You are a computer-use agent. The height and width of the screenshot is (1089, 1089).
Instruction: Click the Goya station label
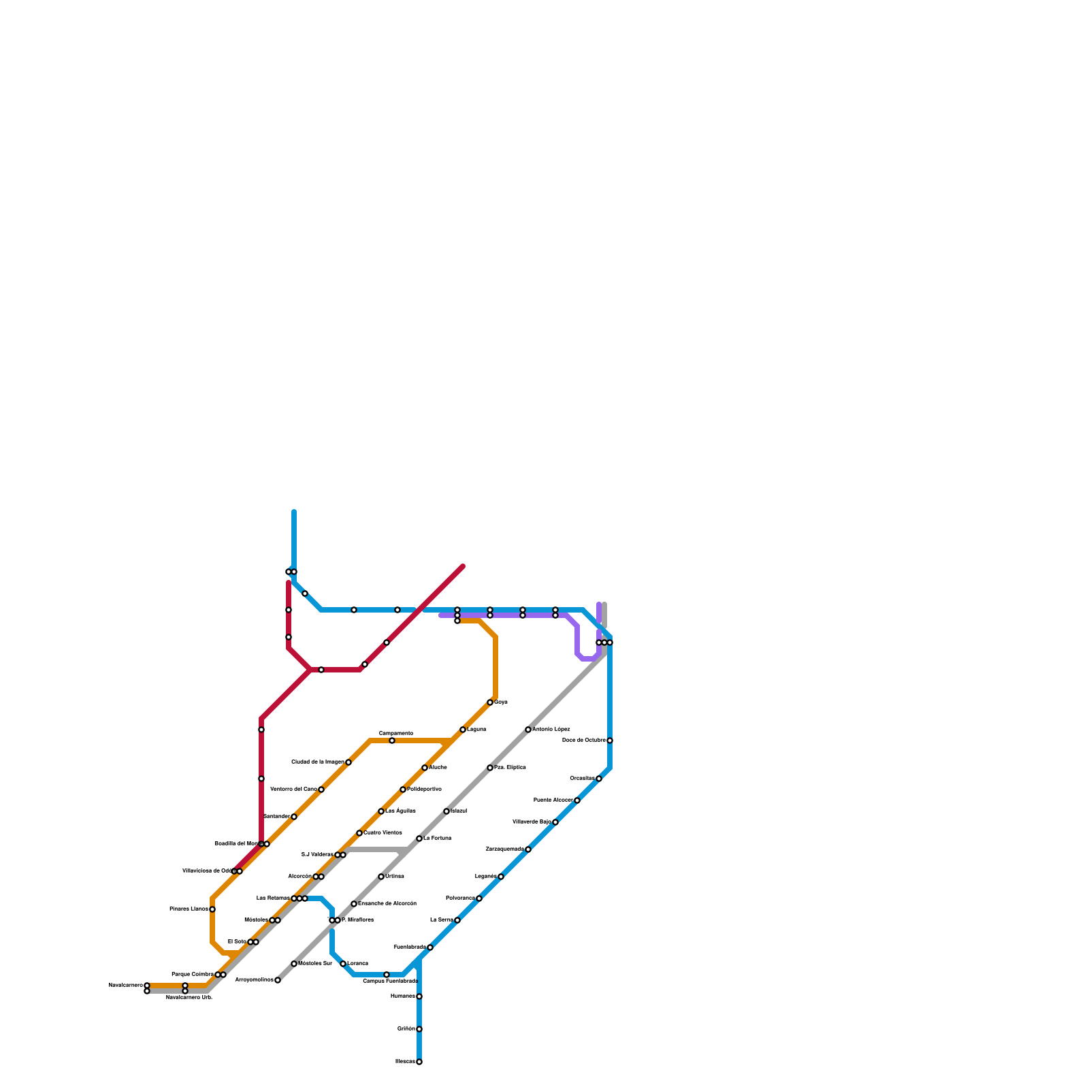(x=501, y=702)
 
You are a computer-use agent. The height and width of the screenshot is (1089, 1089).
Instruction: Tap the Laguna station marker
(x=463, y=730)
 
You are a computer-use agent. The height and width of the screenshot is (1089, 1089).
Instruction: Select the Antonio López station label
(x=551, y=729)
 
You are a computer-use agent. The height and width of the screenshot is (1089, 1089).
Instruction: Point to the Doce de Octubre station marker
(x=610, y=741)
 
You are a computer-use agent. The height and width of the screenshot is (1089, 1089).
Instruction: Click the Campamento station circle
(x=392, y=741)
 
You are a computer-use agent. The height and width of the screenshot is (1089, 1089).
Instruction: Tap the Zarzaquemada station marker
(x=528, y=849)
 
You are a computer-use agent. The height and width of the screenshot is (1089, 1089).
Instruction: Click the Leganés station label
(x=485, y=876)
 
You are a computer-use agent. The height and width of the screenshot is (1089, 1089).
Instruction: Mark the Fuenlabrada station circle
(x=430, y=947)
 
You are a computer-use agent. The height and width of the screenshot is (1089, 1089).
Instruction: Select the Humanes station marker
(x=419, y=996)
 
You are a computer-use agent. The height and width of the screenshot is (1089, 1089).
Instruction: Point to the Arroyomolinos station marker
(x=278, y=980)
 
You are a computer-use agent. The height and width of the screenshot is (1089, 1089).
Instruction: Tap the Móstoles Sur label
(x=315, y=963)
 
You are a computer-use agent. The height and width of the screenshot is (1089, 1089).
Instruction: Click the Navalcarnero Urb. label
(x=189, y=997)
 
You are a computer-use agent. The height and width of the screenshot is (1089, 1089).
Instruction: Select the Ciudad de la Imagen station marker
(x=348, y=762)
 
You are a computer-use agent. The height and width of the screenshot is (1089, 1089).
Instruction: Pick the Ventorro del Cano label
(x=293, y=789)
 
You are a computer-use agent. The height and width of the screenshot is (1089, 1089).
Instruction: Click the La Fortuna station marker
(x=419, y=839)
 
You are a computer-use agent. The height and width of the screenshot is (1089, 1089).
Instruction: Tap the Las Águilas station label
(x=400, y=811)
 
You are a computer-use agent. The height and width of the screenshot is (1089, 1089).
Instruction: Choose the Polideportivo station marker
(x=403, y=790)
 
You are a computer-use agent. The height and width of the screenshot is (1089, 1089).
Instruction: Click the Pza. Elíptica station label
(x=510, y=767)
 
